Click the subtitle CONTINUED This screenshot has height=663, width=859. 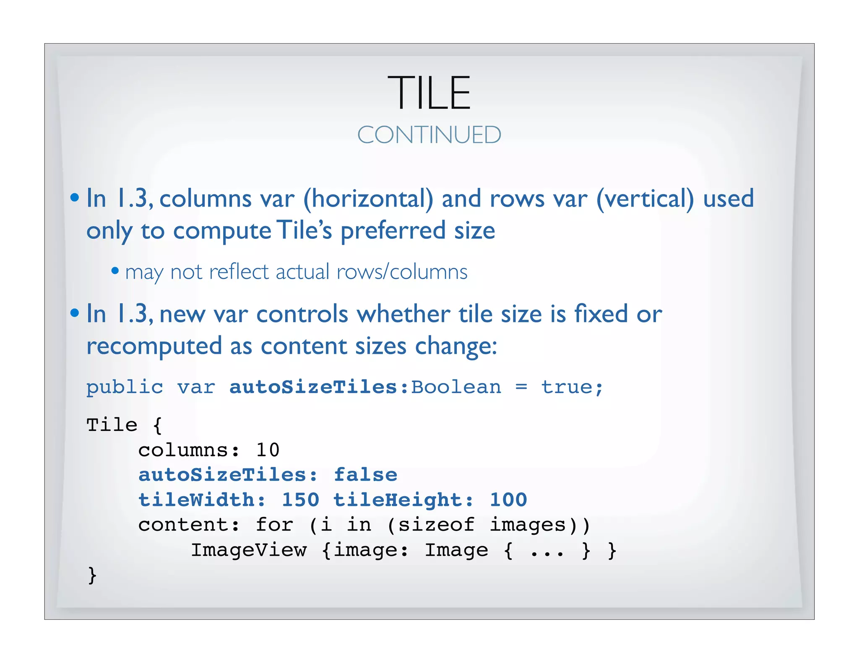429,135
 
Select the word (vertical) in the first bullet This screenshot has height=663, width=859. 645,199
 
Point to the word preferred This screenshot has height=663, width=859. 393,231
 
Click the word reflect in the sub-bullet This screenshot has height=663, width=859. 238,272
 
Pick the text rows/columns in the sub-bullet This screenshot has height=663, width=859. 402,272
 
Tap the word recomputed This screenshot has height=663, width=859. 154,347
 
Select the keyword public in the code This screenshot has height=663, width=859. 125,387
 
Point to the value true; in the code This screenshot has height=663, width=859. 572,387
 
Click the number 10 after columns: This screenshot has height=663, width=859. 268,451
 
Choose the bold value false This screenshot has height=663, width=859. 365,475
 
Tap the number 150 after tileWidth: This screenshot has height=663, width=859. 300,500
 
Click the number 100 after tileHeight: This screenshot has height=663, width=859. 508,500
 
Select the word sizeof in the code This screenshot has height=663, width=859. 436,525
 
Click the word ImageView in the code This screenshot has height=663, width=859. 249,550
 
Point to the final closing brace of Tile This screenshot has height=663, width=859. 92,575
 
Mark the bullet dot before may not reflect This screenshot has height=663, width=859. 115,271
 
